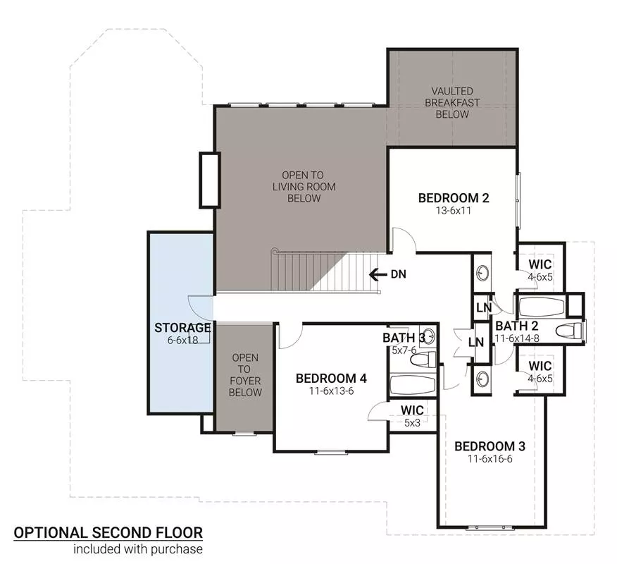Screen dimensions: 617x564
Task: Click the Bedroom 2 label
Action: tap(454, 197)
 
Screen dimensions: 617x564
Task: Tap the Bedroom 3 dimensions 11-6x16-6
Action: tap(490, 459)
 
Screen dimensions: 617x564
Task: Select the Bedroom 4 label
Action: tap(331, 379)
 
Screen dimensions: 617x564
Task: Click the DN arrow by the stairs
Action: tap(378, 274)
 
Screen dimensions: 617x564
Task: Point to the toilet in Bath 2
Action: tap(569, 330)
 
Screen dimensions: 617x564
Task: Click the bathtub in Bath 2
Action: tap(542, 307)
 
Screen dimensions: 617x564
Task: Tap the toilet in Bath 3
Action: tap(423, 360)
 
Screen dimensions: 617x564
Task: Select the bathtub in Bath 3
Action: tap(412, 384)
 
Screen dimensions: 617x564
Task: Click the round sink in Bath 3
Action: tap(429, 337)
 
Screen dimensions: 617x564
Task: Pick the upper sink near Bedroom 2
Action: tap(482, 273)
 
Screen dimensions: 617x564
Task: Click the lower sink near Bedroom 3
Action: tap(482, 379)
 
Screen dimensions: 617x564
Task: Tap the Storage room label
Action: tap(182, 328)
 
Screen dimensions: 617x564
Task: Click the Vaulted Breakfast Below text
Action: tap(452, 103)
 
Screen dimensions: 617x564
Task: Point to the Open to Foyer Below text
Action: tap(244, 375)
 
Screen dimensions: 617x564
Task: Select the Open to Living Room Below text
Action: tap(304, 187)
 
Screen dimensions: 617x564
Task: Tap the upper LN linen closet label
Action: tap(484, 307)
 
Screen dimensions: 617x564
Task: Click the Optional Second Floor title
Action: tap(108, 532)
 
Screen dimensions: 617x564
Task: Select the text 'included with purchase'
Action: tap(138, 549)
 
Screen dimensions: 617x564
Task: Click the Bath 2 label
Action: tap(517, 326)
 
